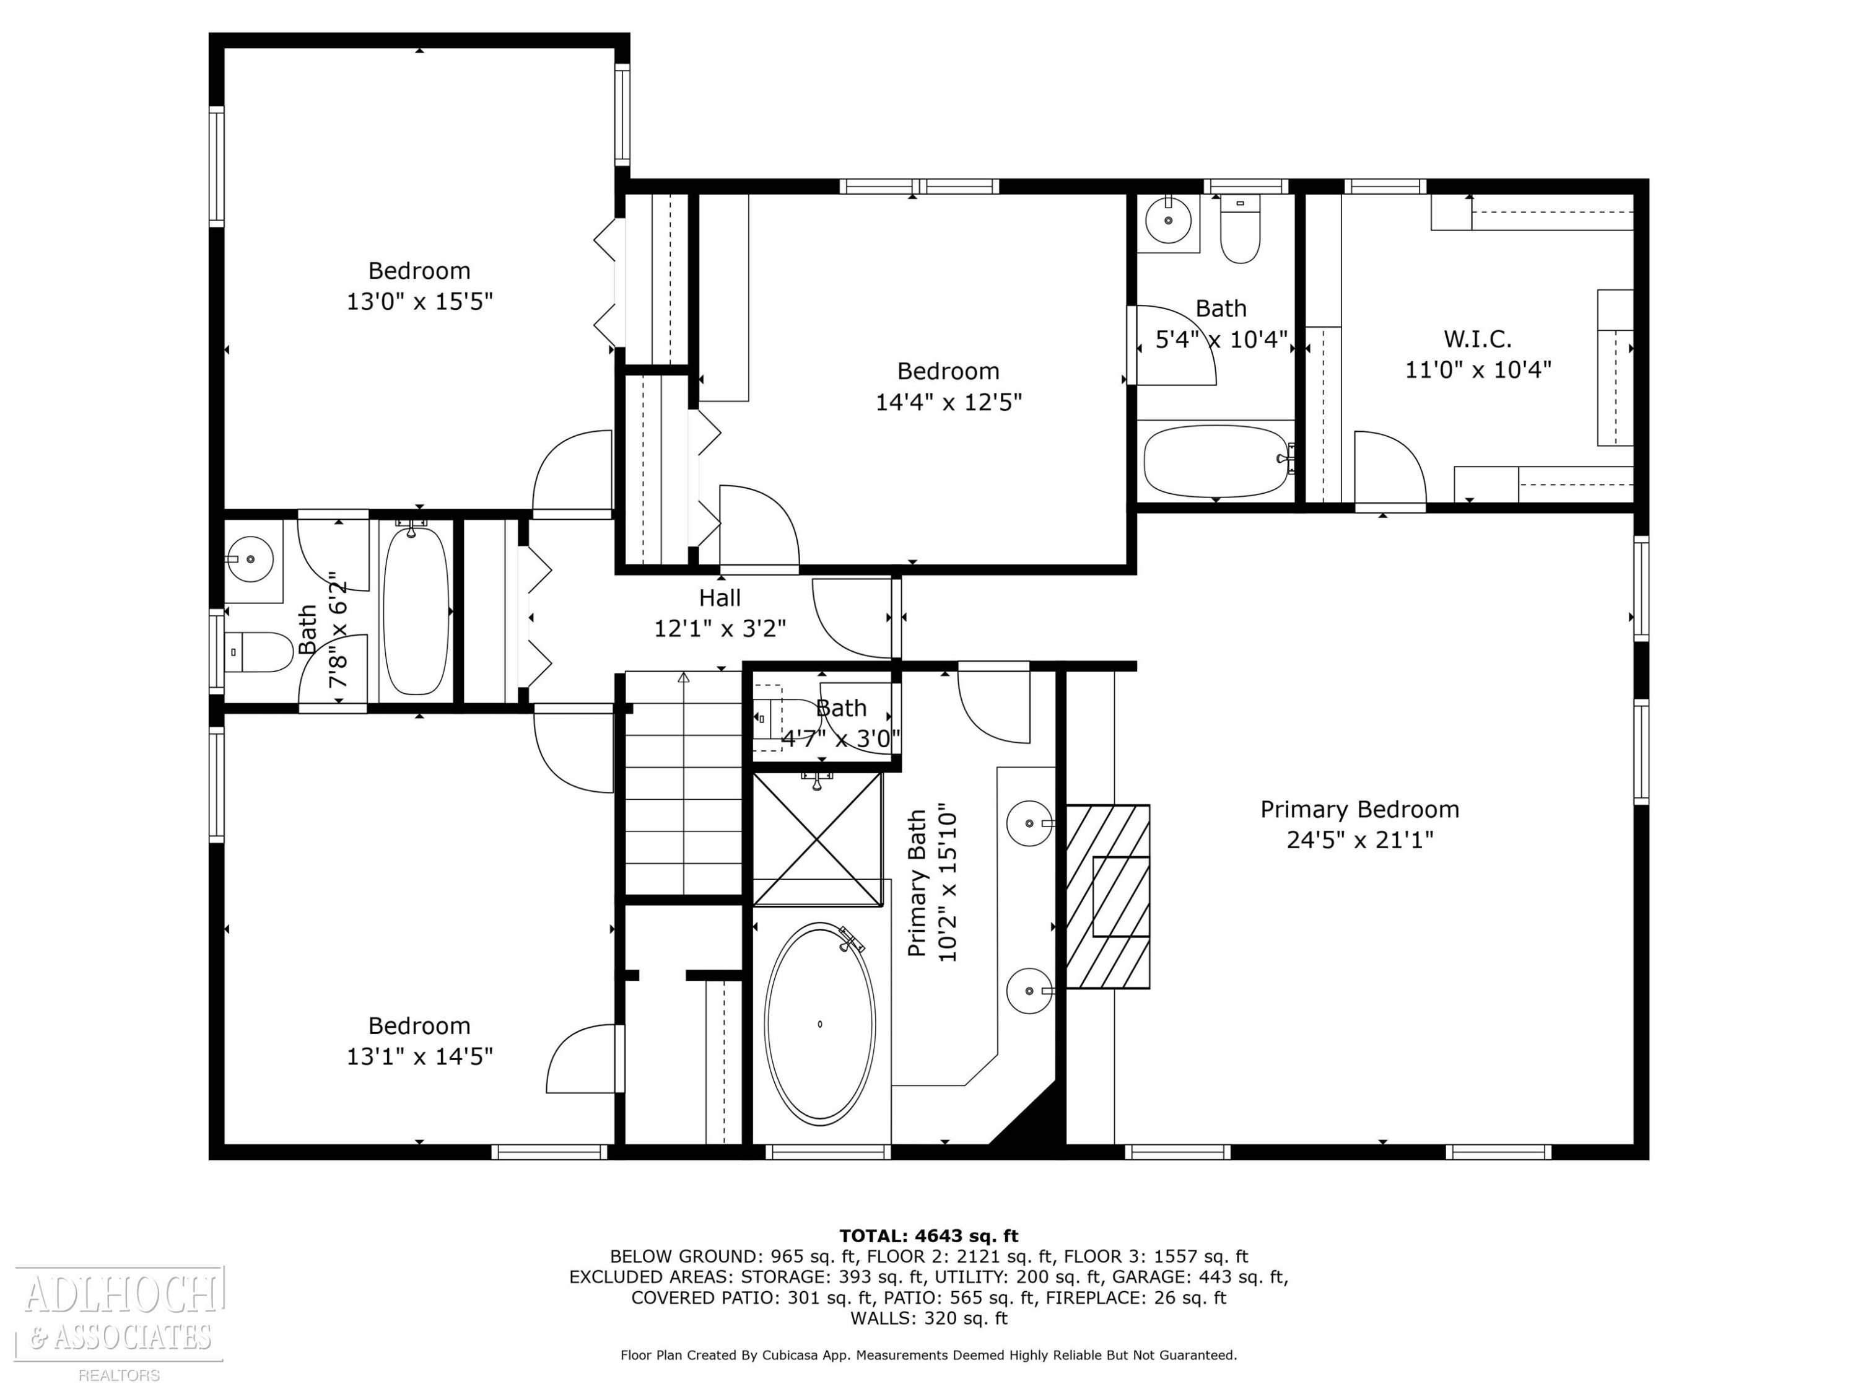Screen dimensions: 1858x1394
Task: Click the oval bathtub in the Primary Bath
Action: (x=820, y=1024)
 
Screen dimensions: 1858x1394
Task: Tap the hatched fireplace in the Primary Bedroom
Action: (x=1108, y=896)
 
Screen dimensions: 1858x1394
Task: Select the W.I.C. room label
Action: (x=1478, y=340)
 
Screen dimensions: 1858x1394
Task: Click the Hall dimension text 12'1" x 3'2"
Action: (x=720, y=628)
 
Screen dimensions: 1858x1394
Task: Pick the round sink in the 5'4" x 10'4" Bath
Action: (x=1169, y=219)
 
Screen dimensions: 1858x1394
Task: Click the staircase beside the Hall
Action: (x=684, y=783)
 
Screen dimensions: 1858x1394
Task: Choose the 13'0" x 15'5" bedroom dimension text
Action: (x=419, y=301)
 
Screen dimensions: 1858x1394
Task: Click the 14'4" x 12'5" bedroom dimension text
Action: (x=948, y=401)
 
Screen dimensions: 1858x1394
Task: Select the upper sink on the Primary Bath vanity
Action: (x=1028, y=823)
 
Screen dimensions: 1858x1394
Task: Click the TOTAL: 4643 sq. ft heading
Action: (x=928, y=1235)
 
